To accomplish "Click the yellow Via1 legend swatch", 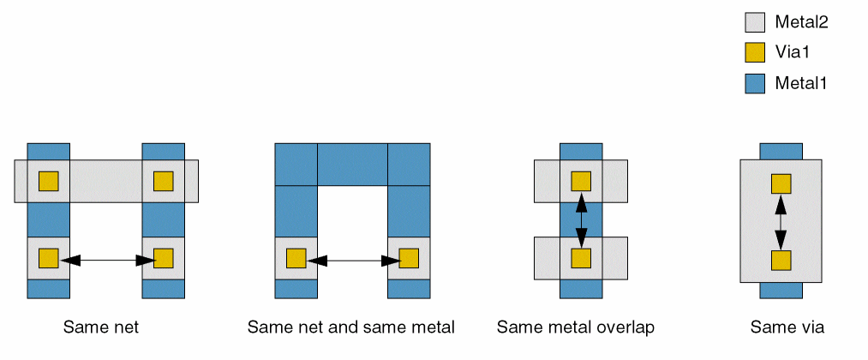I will (x=754, y=53).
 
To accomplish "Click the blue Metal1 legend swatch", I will (x=754, y=84).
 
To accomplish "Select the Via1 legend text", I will (x=793, y=53).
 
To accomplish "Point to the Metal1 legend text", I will (x=801, y=84).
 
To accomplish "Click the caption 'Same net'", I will (x=101, y=327).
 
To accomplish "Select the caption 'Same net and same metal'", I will (x=350, y=327).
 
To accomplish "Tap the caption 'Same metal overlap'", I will (x=576, y=327).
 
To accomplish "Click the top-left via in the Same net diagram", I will (x=48, y=181).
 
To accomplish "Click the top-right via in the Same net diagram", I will (x=163, y=181).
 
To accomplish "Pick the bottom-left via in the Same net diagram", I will (x=48, y=258).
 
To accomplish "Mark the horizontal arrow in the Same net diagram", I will (x=105, y=258).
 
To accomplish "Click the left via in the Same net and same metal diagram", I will (x=296, y=258).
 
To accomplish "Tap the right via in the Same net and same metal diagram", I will (x=409, y=258).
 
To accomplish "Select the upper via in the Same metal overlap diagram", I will (x=581, y=181).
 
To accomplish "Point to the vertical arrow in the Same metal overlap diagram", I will (x=581, y=219).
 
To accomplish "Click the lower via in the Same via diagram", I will (x=781, y=261).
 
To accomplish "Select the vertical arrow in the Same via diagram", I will (x=781, y=222).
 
